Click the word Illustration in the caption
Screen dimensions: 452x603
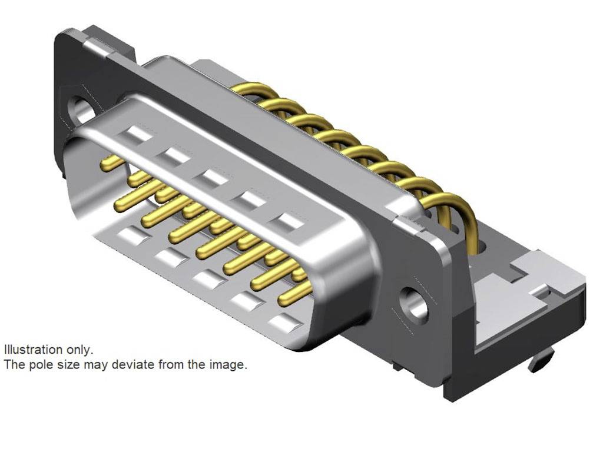point(33,350)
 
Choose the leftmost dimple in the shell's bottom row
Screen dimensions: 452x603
point(130,237)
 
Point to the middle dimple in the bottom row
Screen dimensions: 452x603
point(207,279)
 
